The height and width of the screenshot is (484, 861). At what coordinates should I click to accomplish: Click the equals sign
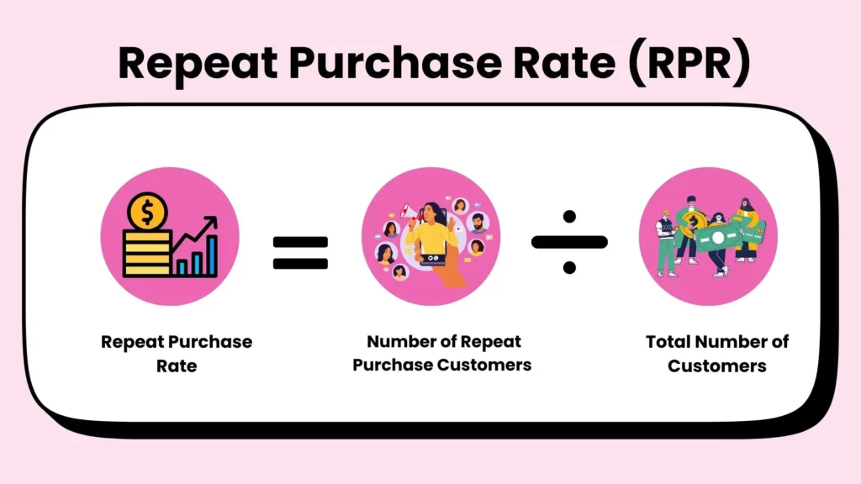click(300, 251)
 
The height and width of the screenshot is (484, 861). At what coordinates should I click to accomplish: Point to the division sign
click(569, 243)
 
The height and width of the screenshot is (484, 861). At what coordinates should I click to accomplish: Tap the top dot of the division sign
click(569, 218)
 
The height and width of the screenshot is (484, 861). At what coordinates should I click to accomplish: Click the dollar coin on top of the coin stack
click(148, 213)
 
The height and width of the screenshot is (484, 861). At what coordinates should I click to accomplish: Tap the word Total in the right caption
click(669, 342)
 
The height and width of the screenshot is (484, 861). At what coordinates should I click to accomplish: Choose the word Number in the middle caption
click(400, 342)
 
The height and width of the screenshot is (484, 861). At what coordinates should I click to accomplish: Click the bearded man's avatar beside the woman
click(478, 223)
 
